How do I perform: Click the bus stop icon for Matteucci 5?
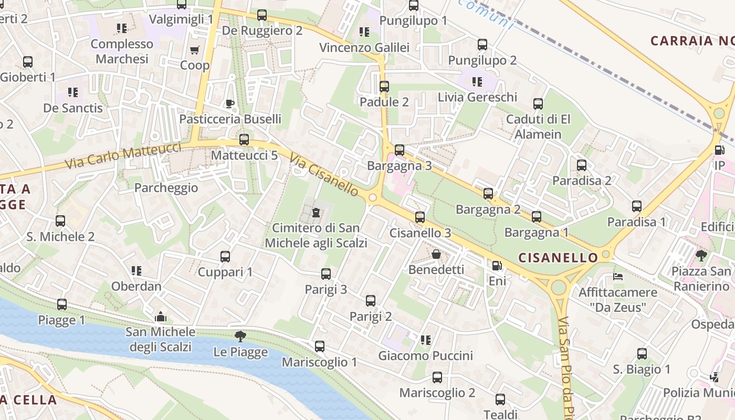point(244,140)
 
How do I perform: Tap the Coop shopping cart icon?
point(195,50)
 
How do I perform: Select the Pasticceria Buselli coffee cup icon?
point(229,103)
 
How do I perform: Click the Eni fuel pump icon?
point(497,266)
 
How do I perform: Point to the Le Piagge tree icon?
point(240,337)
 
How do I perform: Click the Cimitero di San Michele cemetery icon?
point(316,213)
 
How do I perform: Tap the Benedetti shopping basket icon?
point(436,255)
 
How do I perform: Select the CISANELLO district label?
point(558,257)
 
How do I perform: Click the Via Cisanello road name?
point(324,175)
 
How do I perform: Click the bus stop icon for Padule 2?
point(384,87)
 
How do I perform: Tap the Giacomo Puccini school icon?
point(426,340)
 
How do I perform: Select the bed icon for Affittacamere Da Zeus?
point(618,276)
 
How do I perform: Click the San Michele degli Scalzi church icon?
point(161,317)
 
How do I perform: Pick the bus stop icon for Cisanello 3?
point(419,217)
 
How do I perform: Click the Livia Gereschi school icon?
point(477,81)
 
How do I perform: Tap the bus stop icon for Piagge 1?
point(62,304)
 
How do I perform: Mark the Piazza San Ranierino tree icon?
point(701,256)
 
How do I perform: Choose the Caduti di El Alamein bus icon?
point(538,104)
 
